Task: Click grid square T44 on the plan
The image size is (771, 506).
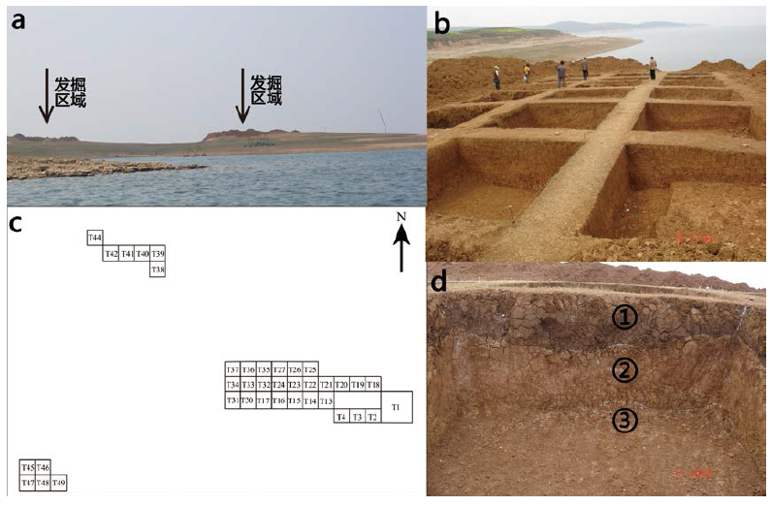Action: [x=95, y=237]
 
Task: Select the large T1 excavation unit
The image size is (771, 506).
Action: [x=396, y=406]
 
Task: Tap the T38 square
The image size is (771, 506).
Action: [x=157, y=269]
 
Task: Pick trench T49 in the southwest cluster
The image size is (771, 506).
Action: [x=59, y=482]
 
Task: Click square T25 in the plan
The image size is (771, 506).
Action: [x=310, y=369]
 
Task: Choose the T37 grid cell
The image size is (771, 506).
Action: [x=233, y=369]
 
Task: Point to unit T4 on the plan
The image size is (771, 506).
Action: [x=341, y=417]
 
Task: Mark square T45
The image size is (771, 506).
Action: [x=27, y=467]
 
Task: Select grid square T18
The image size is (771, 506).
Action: [x=373, y=385]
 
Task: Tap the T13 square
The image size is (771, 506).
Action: [x=326, y=400]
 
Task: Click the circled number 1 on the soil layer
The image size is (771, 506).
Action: [x=624, y=316]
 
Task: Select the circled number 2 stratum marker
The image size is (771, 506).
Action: [x=624, y=369]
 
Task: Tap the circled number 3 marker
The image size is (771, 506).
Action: [x=624, y=420]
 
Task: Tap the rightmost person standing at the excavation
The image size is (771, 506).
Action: [x=653, y=67]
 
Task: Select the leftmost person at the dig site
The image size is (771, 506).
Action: [x=497, y=77]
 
